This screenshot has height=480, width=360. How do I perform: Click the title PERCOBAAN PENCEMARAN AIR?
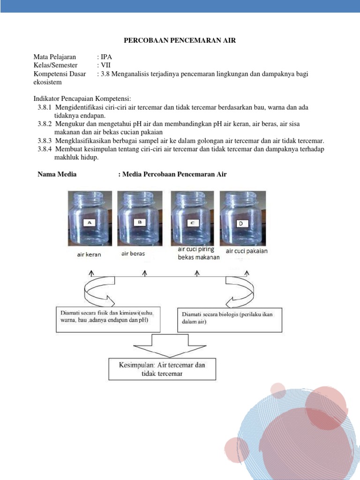pos(180,41)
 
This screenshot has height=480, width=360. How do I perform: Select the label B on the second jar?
pos(140,221)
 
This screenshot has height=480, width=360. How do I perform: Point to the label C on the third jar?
pos(193,223)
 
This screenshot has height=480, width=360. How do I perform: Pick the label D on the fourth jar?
pos(242,224)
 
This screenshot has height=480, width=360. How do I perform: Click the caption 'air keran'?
pos(89,255)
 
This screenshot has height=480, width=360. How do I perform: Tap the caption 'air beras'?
pos(133,254)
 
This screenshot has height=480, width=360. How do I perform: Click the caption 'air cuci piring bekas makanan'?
pos(198,253)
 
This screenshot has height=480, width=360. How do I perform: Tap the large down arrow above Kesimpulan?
pos(163,345)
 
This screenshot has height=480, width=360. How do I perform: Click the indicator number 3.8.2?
pos(45,124)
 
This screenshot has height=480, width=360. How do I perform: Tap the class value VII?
pos(105,66)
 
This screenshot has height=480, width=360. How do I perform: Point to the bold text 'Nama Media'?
pos(57,174)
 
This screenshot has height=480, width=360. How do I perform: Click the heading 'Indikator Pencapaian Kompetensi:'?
pos(82,99)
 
